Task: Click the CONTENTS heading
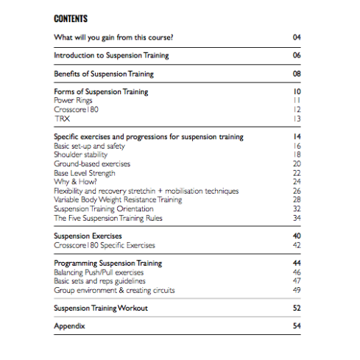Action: [71, 18]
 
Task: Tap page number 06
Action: [297, 55]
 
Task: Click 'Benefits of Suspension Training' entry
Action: [104, 74]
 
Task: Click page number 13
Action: [297, 118]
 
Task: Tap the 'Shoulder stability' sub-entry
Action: [80, 155]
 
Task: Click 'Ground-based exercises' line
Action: [92, 163]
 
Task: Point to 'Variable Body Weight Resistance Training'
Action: [118, 200]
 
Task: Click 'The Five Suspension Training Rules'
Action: [108, 218]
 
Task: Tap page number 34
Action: [297, 218]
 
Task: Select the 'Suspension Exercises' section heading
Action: [87, 236]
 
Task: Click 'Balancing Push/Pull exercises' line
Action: [99, 272]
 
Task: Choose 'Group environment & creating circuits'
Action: [114, 290]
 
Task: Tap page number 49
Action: [297, 290]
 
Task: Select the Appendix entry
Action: [70, 326]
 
